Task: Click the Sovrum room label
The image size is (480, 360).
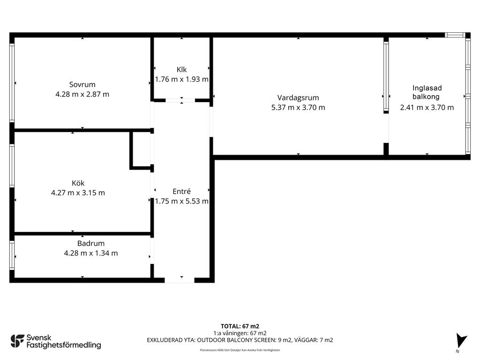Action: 82,84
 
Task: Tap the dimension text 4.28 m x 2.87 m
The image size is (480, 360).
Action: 82,94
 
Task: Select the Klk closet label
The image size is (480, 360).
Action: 181,69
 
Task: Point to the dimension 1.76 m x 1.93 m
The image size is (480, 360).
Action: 181,79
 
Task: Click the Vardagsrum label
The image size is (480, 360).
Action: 298,98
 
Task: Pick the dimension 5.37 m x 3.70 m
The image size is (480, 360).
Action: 298,107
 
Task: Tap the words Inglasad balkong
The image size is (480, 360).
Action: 427,92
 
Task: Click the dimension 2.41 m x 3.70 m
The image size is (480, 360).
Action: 427,107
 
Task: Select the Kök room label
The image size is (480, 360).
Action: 78,183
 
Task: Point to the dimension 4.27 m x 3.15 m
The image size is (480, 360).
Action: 78,193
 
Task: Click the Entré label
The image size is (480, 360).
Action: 181,191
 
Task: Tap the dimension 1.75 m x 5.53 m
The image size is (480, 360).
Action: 181,201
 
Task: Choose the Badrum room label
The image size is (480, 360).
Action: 91,243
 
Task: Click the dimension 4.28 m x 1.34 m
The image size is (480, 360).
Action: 91,253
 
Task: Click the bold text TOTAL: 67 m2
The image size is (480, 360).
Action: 240,326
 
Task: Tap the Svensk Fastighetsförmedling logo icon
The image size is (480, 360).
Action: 17,341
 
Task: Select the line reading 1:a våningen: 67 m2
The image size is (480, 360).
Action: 240,333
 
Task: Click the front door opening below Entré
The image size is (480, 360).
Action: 180,280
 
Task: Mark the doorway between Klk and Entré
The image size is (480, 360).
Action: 180,100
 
